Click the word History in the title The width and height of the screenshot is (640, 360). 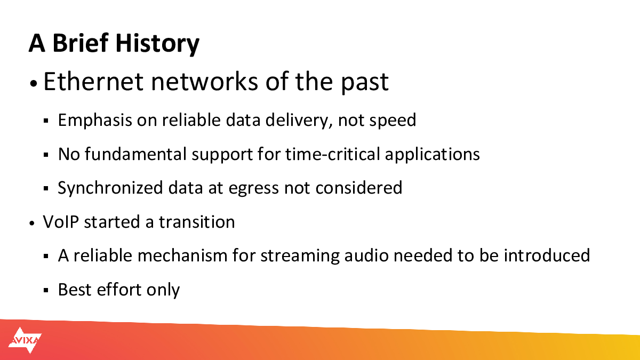coord(157,43)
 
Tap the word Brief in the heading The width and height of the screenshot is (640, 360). coord(81,43)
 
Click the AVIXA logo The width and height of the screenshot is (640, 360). coord(25,340)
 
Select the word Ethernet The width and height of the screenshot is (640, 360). coord(93,82)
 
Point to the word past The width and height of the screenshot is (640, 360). coord(365,83)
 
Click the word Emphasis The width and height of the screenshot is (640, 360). coord(95,120)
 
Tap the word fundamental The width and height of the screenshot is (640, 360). coord(135,154)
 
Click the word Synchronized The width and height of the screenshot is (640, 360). coord(110,188)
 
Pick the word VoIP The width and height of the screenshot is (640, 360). coord(61,222)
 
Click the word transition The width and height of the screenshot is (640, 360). coord(197,222)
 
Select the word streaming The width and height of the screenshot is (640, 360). coord(300,256)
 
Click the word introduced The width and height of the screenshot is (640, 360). coord(547,255)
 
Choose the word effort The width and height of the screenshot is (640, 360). coord(119,290)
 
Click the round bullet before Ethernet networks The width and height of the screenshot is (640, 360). coord(34,83)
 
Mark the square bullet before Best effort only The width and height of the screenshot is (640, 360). coord(46,291)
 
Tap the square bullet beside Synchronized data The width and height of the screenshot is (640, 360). coord(46,189)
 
